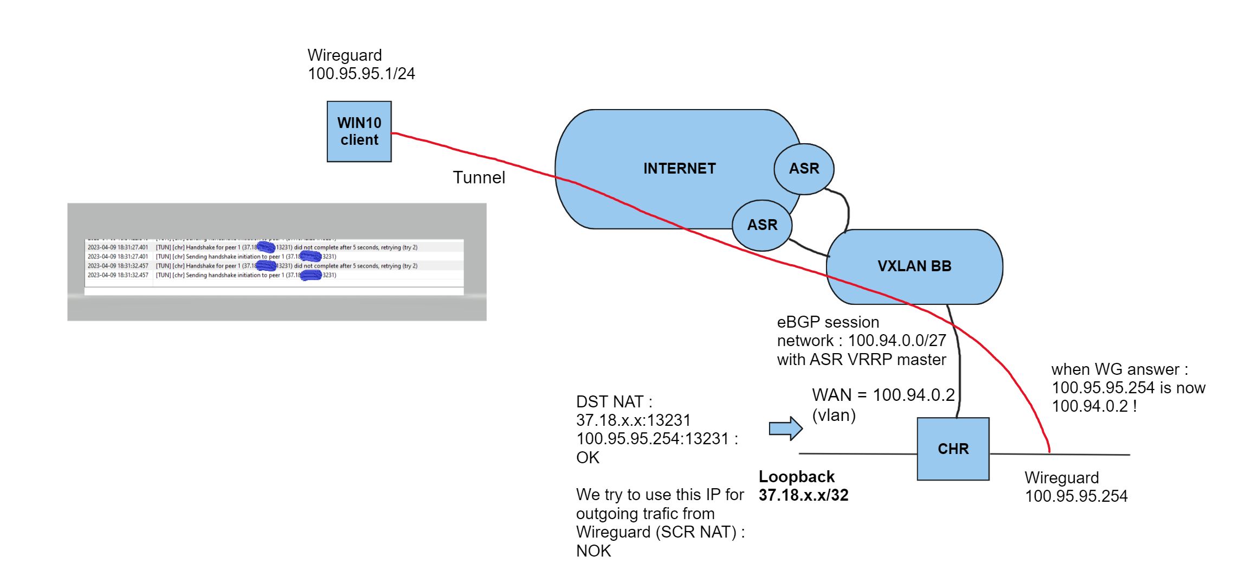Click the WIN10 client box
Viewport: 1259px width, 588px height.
359,131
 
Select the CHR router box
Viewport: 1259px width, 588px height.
953,449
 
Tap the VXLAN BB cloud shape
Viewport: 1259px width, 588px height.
914,266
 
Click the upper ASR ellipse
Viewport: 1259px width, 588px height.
804,169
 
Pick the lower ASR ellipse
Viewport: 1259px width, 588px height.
762,225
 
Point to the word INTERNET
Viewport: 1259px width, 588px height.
679,169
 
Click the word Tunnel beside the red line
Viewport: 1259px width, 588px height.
479,177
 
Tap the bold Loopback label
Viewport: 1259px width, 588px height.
796,476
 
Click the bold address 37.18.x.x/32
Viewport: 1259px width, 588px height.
803,495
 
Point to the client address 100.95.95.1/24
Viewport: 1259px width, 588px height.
361,73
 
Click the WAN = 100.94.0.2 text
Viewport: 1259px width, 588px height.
883,394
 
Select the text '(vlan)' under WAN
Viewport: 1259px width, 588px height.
834,415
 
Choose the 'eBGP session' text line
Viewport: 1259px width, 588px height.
828,322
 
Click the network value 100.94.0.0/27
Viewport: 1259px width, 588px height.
896,341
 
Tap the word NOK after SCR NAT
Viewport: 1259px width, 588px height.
593,551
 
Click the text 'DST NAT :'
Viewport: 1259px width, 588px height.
614,401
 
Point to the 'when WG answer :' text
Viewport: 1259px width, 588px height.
1119,369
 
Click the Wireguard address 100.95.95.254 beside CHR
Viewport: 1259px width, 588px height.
1076,496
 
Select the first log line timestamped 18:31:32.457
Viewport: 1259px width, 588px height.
252,266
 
